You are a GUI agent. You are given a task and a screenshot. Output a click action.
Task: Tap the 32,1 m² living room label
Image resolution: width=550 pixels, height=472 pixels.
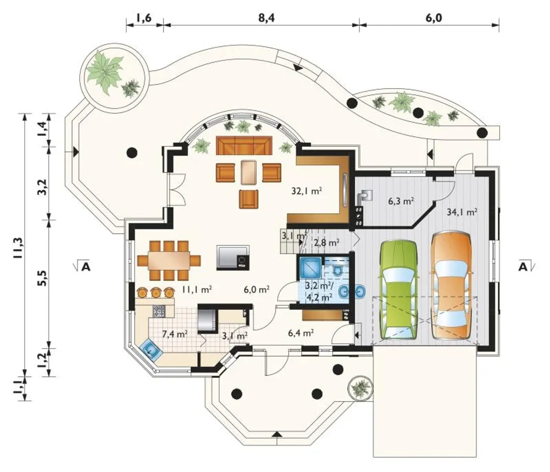click(307, 191)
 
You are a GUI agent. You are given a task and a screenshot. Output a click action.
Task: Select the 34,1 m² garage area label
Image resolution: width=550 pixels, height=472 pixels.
click(461, 212)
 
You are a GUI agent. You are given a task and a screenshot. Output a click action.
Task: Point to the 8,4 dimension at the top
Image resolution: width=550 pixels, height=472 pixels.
click(266, 18)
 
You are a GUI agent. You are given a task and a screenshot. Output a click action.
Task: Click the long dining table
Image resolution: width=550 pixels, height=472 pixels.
click(169, 261)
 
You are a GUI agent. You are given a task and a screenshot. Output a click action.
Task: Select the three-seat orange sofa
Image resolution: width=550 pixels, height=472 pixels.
click(244, 145)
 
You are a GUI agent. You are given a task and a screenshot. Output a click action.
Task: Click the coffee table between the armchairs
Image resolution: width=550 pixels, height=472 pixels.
click(249, 172)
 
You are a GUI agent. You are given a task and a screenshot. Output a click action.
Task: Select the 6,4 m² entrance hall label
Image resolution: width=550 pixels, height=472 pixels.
click(301, 332)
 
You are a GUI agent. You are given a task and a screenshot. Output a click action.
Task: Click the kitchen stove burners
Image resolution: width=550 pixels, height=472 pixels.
click(159, 311)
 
